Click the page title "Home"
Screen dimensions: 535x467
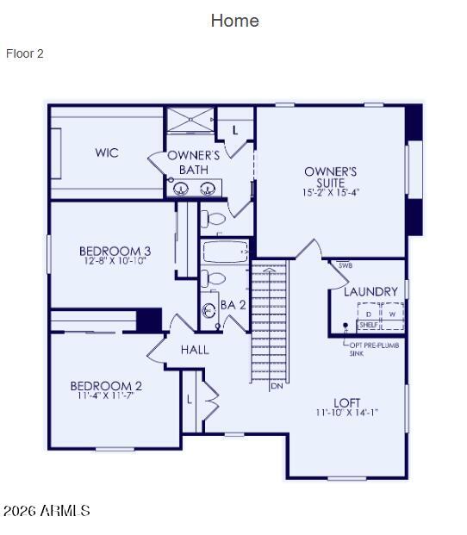pos(234,21)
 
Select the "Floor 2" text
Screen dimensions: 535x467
pos(25,53)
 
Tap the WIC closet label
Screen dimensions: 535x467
pos(107,153)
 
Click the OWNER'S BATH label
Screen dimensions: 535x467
pos(194,162)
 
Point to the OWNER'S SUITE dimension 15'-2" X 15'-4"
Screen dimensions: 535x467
pos(331,192)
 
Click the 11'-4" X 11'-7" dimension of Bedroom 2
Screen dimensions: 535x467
pos(106,397)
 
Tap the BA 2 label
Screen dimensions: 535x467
pos(233,305)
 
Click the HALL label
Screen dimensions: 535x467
pos(195,351)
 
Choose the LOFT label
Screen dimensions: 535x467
pos(347,402)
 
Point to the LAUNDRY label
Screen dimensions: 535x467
pos(370,292)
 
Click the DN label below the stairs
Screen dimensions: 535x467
pos(277,386)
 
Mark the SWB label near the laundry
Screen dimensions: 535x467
pos(346,265)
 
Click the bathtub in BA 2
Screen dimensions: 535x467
pos(226,252)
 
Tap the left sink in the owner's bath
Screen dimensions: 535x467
pos(182,189)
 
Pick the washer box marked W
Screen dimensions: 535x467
pos(392,314)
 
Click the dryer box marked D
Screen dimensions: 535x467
pos(369,314)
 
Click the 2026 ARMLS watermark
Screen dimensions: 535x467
pos(47,511)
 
